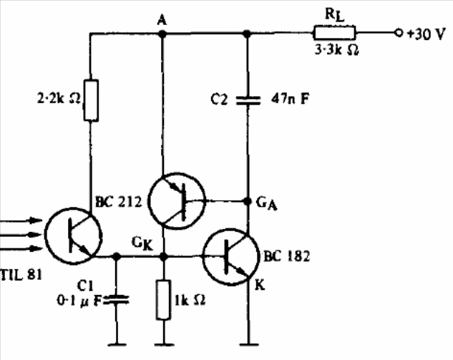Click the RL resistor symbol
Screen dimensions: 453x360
click(x=334, y=33)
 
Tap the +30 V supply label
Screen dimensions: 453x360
click(x=425, y=34)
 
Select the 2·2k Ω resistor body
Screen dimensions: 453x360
click(x=91, y=100)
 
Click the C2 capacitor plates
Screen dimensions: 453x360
click(x=248, y=100)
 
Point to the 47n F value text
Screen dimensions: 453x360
click(x=290, y=99)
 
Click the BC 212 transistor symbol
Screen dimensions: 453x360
click(x=177, y=201)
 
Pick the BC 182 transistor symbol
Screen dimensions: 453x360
click(x=231, y=256)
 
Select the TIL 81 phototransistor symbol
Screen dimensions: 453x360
click(x=74, y=235)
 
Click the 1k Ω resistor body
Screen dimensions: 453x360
click(x=163, y=300)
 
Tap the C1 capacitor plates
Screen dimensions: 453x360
click(x=117, y=300)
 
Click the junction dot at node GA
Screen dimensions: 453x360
click(x=248, y=201)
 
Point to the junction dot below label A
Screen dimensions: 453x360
click(x=162, y=34)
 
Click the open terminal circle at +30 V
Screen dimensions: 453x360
click(x=399, y=33)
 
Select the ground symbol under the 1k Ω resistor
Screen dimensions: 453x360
click(x=164, y=344)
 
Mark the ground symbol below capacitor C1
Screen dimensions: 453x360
click(x=117, y=344)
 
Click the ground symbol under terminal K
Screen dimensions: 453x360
click(x=249, y=344)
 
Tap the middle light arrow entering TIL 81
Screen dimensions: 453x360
click(x=21, y=235)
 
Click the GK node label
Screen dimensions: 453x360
click(x=142, y=244)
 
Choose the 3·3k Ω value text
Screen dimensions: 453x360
click(x=337, y=50)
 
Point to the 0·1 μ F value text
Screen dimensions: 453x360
click(x=79, y=301)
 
